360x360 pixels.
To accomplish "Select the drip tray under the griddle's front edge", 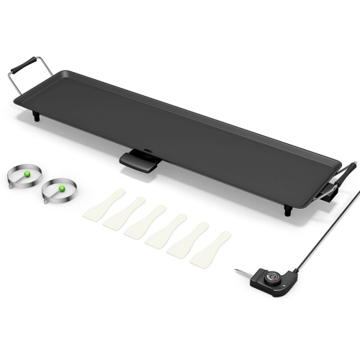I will click(x=140, y=161).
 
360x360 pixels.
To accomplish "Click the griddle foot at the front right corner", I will click(x=288, y=210).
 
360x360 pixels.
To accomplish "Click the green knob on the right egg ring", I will click(x=61, y=188).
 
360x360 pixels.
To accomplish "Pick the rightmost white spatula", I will click(x=210, y=248).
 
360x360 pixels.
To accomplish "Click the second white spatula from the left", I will click(x=124, y=214).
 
